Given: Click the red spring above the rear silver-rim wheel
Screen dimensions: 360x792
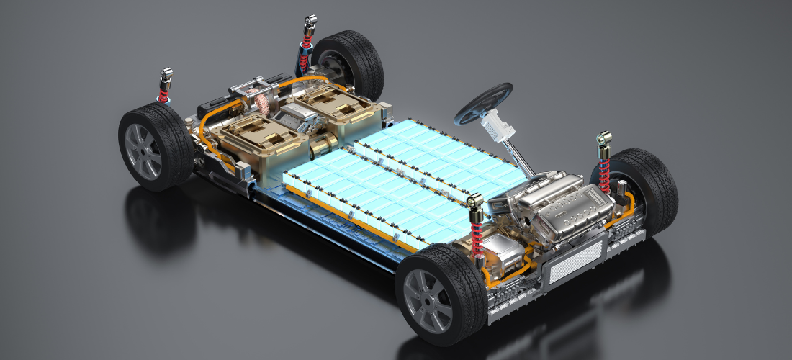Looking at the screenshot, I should pos(164,93).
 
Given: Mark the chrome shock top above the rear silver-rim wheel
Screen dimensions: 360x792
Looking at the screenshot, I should pos(166,76).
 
